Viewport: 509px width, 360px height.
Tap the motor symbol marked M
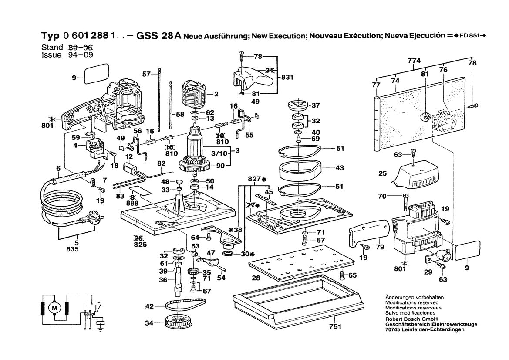(55, 308)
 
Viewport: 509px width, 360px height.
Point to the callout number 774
(414, 61)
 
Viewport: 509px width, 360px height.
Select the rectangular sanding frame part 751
(298, 301)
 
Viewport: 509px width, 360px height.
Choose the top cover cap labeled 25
(414, 173)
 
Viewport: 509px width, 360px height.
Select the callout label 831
(287, 78)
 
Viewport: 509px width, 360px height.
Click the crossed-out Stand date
(81, 48)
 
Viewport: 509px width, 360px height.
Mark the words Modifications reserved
(412, 302)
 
